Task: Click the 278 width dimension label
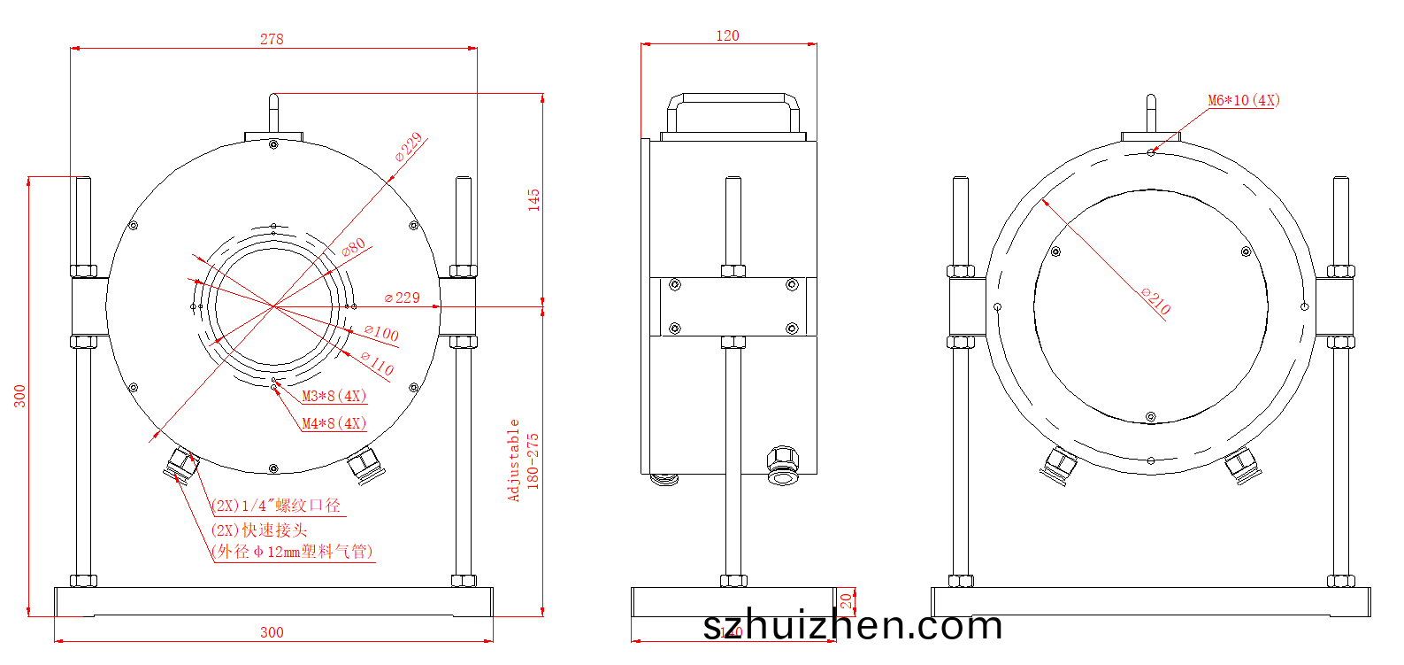272,39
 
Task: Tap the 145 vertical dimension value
533,199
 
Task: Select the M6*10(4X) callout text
1243,100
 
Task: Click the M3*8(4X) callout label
334,396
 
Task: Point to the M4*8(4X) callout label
334,423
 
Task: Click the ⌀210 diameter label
1155,301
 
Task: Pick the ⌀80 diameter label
354,248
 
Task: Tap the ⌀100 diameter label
381,333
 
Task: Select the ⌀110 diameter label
377,362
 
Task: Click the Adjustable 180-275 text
522,460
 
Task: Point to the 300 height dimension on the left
19,396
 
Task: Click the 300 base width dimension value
272,632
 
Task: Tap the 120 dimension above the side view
727,35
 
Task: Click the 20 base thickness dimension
847,602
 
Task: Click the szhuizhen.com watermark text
853,625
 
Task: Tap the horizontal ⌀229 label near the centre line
403,298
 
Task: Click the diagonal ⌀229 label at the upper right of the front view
410,147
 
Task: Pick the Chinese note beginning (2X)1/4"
277,506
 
